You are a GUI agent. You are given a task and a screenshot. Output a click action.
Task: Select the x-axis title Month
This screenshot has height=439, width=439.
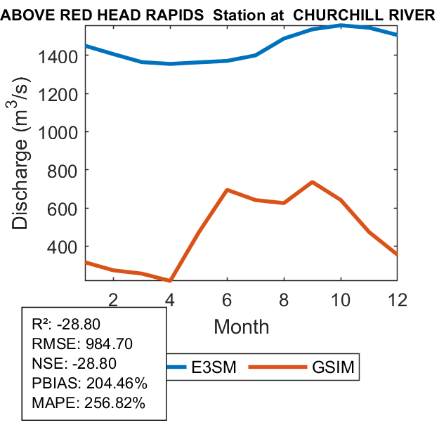[241, 326]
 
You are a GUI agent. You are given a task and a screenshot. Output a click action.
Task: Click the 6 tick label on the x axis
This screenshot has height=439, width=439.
[227, 299]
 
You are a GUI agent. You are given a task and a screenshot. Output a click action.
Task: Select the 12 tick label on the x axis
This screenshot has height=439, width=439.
[398, 299]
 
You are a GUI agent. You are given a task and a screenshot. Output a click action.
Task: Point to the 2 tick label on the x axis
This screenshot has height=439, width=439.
[114, 299]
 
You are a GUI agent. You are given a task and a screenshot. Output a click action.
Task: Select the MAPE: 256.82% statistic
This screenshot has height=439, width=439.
[89, 403]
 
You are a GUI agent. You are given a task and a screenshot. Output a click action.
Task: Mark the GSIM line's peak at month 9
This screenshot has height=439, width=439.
[312, 182]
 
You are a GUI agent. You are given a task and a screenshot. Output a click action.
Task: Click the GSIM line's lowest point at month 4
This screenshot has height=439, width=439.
[170, 281]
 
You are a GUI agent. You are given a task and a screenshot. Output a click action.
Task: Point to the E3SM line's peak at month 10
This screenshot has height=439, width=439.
[341, 25]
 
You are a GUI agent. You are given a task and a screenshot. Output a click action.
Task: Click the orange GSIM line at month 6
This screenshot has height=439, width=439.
[227, 190]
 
